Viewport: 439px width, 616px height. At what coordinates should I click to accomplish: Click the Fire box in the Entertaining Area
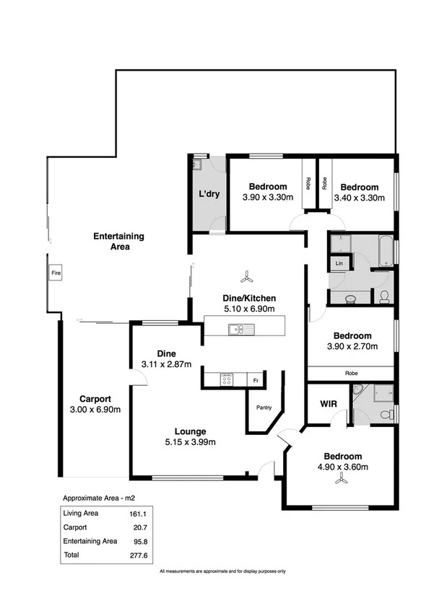pos(55,273)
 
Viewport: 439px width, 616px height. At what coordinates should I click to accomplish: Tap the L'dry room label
pos(209,194)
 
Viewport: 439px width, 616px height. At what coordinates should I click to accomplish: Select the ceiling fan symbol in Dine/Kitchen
pos(247,276)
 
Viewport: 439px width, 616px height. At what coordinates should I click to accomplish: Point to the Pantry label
pos(264,408)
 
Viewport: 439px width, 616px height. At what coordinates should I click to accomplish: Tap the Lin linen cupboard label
pos(339,265)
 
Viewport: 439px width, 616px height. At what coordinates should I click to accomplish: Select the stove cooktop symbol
pos(227,379)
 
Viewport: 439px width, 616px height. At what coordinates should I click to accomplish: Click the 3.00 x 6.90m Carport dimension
pos(95,410)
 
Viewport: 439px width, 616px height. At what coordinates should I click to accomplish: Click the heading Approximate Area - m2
pos(98,498)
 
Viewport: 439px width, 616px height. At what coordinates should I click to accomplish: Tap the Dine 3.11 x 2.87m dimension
pos(167,364)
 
